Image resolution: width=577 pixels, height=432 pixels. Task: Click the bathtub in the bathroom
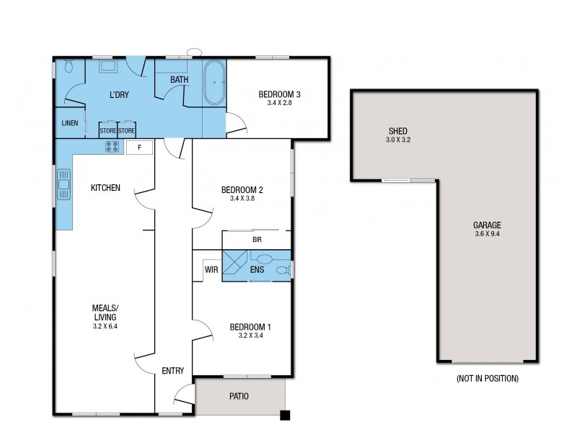214,84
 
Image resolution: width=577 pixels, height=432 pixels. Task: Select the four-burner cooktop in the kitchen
113,147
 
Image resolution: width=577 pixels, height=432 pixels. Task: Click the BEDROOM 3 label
279,94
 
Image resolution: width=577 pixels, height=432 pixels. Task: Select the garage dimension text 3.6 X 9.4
488,234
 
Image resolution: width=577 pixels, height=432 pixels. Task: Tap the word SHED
398,131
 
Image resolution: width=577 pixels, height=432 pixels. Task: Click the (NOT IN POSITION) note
487,378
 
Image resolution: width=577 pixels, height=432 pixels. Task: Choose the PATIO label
239,396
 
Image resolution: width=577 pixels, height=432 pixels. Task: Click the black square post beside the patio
286,415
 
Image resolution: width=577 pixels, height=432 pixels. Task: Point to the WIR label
211,270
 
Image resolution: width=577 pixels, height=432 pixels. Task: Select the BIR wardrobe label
256,239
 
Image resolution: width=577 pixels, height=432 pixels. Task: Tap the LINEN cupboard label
70,123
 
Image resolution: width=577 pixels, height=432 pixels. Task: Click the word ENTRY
172,371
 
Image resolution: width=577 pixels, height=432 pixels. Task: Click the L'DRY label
119,95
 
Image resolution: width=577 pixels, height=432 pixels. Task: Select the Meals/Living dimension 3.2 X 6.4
105,326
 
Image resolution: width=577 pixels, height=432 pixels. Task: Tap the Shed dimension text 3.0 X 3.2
398,140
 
